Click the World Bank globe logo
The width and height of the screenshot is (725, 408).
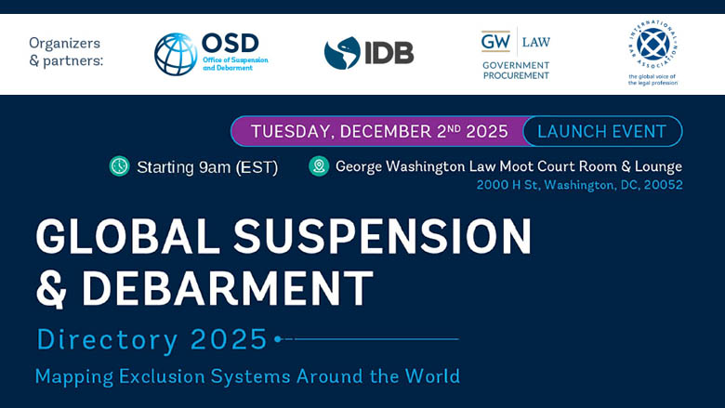[x=176, y=54]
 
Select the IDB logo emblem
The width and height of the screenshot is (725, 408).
[x=342, y=53]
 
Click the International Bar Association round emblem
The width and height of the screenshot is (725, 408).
[x=652, y=44]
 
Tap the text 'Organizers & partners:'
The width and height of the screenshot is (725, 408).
[x=65, y=52]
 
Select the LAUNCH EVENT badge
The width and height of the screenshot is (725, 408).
[x=602, y=131]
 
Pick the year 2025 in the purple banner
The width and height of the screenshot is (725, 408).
[x=487, y=131]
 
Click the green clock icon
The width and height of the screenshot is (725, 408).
[x=120, y=166]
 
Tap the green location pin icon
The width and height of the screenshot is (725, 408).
[x=319, y=166]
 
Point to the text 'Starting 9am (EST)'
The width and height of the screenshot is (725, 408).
[x=207, y=167]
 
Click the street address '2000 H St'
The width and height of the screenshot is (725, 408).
[x=507, y=185]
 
